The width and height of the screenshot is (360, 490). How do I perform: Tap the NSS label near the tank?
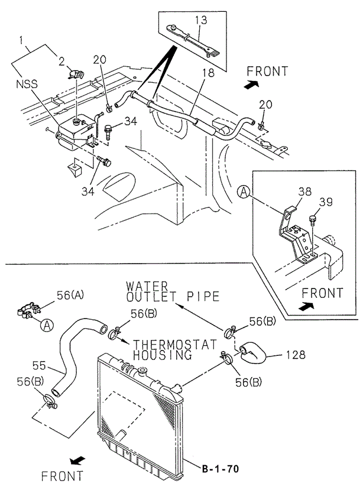pyautogui.click(x=27, y=85)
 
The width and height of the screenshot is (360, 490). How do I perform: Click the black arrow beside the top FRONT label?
pyautogui.click(x=252, y=85)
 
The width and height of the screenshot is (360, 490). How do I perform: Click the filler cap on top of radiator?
pyautogui.click(x=141, y=372)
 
